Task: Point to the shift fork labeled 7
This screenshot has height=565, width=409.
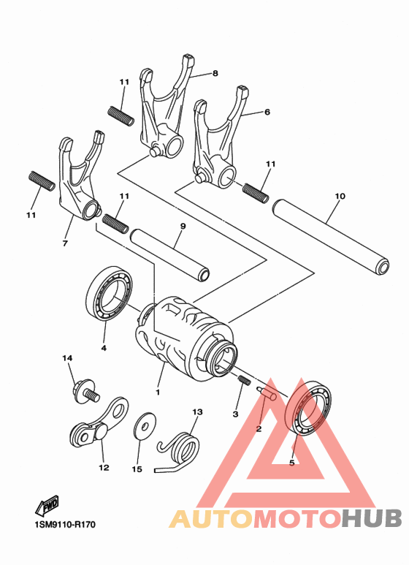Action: click(x=80, y=180)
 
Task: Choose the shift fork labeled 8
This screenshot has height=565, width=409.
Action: click(x=167, y=110)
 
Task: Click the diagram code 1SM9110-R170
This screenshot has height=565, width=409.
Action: click(x=64, y=525)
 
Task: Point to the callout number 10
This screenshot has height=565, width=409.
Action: click(x=340, y=196)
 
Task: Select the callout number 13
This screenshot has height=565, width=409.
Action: click(x=196, y=412)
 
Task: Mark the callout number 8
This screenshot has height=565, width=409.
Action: click(x=215, y=73)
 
